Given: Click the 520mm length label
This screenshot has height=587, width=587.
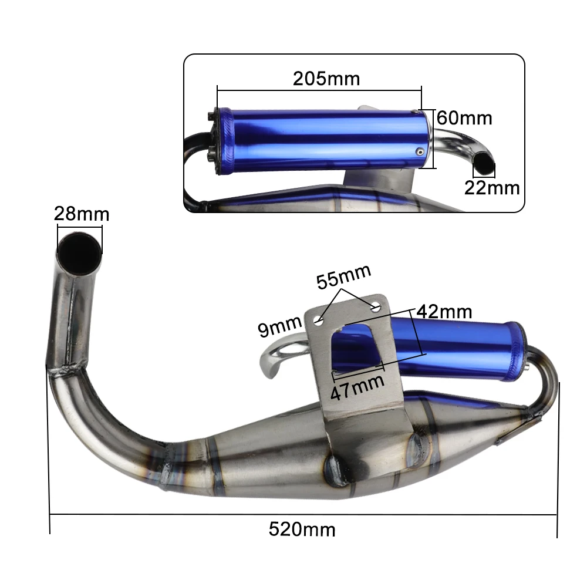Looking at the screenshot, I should (x=302, y=529).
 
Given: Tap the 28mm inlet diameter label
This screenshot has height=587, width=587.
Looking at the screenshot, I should (x=82, y=213).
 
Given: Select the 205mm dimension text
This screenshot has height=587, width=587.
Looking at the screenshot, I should (x=326, y=78).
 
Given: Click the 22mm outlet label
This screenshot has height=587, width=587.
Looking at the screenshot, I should (x=492, y=188).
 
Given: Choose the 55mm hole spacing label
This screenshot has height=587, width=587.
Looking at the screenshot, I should (x=344, y=277).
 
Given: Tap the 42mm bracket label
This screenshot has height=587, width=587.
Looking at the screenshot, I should (x=444, y=312).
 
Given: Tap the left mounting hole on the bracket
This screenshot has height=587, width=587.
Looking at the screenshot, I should (x=319, y=321).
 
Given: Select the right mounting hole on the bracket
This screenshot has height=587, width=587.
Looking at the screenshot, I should (x=375, y=305).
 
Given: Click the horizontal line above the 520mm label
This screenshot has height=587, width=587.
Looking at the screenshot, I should (x=303, y=515).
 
